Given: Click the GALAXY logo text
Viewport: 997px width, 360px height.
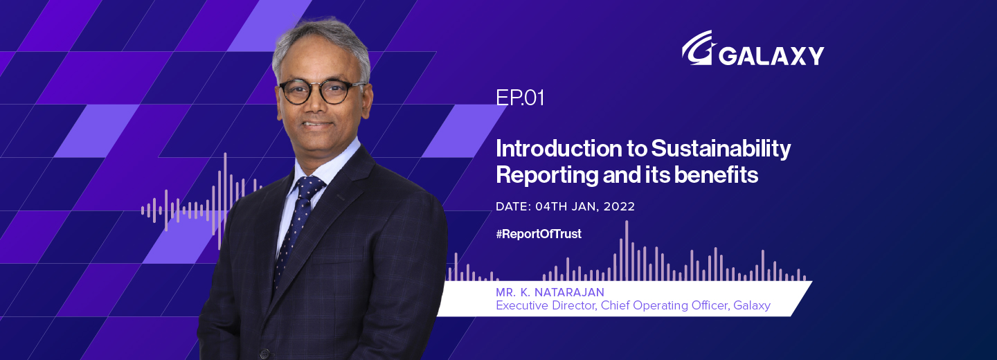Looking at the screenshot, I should [771, 55].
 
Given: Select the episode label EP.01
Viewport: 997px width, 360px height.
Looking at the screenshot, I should [520, 98].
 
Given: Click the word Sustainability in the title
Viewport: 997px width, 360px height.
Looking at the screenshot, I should [721, 148].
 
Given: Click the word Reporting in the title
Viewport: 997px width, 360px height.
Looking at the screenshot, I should [548, 176].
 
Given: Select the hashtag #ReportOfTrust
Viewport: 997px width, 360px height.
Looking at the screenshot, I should [539, 234].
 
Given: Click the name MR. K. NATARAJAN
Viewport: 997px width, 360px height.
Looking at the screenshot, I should [550, 293].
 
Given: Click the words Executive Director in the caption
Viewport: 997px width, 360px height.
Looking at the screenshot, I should [545, 305].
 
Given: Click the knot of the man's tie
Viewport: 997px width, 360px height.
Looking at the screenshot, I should [309, 186].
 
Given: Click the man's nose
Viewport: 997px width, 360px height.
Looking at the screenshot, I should [317, 107].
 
